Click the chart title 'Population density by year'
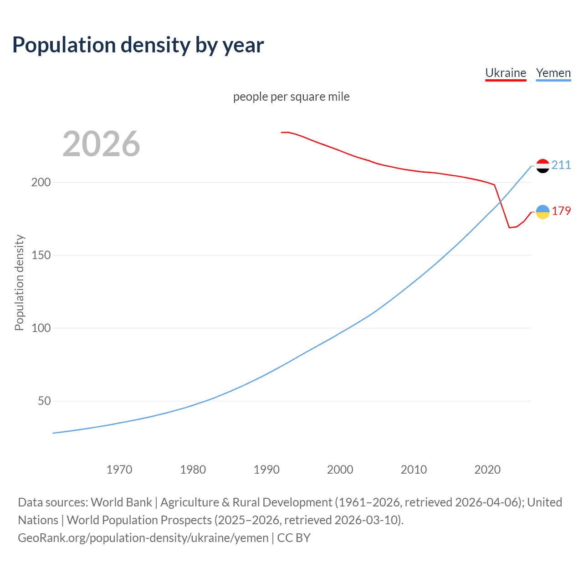(138, 45)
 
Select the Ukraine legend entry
(506, 73)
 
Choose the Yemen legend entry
(553, 73)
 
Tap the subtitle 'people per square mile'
(291, 97)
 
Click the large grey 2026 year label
(101, 144)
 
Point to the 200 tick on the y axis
(41, 182)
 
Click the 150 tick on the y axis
(41, 255)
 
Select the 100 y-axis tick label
(41, 328)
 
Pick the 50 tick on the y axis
(44, 401)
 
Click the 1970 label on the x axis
(119, 470)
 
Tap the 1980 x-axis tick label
(193, 470)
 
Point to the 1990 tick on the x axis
(266, 470)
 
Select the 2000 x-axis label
(340, 470)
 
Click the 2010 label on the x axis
(414, 470)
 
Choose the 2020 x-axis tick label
(487, 470)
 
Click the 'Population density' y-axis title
(19, 282)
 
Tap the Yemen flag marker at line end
(542, 166)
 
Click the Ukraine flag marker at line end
(542, 212)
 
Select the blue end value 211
(561, 165)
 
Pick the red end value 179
(561, 211)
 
